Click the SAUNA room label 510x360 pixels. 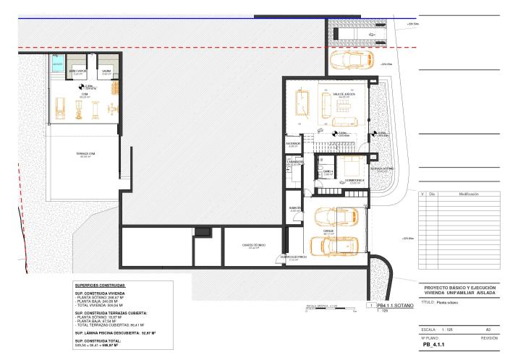[106, 71]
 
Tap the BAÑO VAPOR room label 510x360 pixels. [78, 71]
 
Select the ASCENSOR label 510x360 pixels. [293, 145]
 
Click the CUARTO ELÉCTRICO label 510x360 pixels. [294, 256]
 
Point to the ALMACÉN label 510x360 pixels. [294, 209]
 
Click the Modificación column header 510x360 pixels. [469, 194]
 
